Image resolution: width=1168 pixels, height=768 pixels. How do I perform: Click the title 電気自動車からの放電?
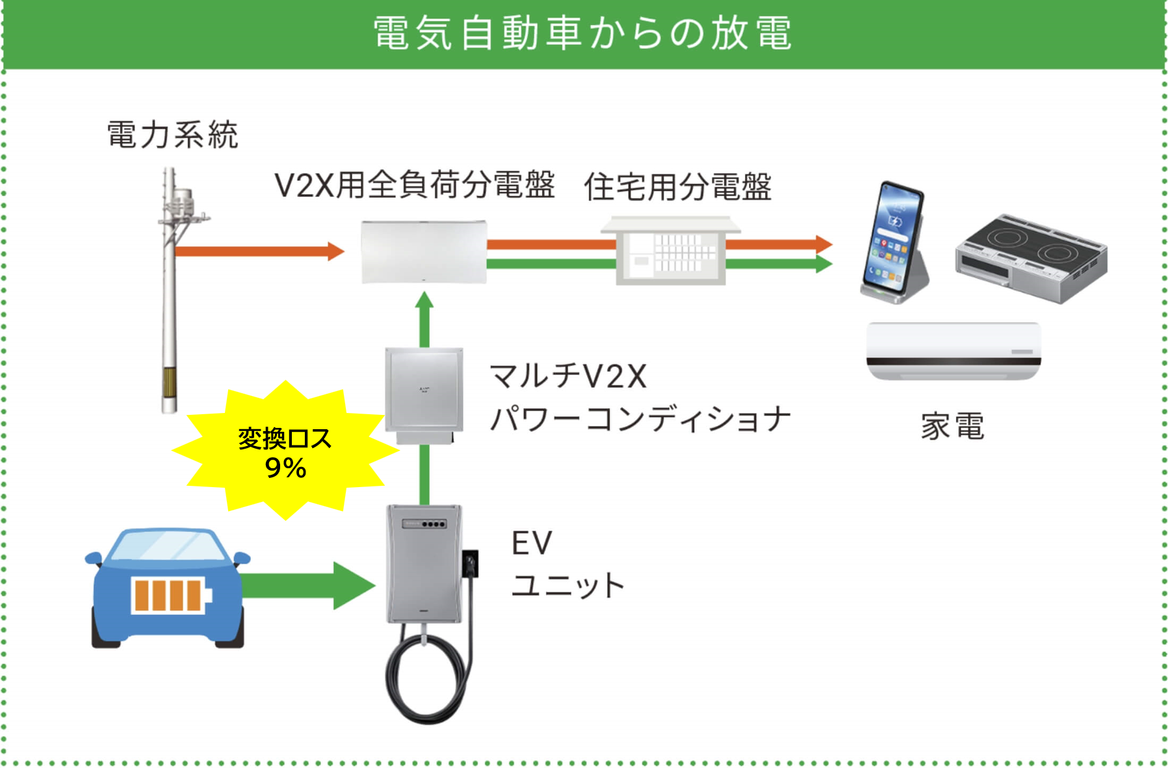pyautogui.click(x=583, y=33)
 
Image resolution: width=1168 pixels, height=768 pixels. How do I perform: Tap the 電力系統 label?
pyautogui.click(x=173, y=135)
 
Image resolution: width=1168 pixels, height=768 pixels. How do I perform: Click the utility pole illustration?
pyautogui.click(x=170, y=293)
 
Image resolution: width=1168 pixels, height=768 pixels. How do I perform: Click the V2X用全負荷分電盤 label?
pyautogui.click(x=415, y=185)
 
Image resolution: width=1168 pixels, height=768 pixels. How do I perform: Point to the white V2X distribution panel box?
pyautogui.click(x=424, y=252)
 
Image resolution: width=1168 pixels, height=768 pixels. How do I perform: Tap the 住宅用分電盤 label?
pyautogui.click(x=677, y=187)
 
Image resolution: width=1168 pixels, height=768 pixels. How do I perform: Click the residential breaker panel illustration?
pyautogui.click(x=671, y=251)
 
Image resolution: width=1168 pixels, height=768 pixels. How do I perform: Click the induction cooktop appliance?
pyautogui.click(x=1031, y=258)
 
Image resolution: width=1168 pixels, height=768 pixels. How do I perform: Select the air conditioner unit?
pyautogui.click(x=954, y=351)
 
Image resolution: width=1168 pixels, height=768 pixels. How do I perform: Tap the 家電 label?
pyautogui.click(x=953, y=427)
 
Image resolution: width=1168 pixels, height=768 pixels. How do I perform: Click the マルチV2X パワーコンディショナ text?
pyautogui.click(x=640, y=397)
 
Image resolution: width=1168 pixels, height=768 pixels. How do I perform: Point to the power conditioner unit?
pyautogui.click(x=424, y=394)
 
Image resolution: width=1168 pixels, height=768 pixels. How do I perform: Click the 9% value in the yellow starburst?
pyautogui.click(x=285, y=468)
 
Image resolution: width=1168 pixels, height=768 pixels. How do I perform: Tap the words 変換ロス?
pyautogui.click(x=285, y=439)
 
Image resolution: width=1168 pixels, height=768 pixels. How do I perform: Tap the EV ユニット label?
pyautogui.click(x=567, y=563)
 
